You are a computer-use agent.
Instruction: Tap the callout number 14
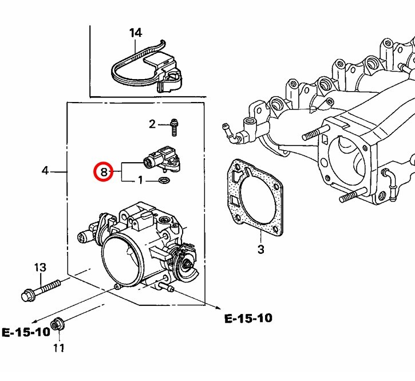tap(135, 33)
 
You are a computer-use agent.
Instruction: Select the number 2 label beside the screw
tap(152, 124)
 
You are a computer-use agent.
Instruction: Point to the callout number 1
tap(140, 181)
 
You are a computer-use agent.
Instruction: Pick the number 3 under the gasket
tap(260, 250)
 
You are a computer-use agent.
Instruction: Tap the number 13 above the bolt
tap(39, 268)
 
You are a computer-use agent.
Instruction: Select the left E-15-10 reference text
tap(26, 332)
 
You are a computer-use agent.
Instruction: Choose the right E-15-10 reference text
tap(248, 318)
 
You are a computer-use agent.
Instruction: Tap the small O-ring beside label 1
tap(163, 182)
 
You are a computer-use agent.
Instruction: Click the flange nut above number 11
tap(57, 324)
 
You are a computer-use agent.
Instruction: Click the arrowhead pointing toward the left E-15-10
tap(34, 322)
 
